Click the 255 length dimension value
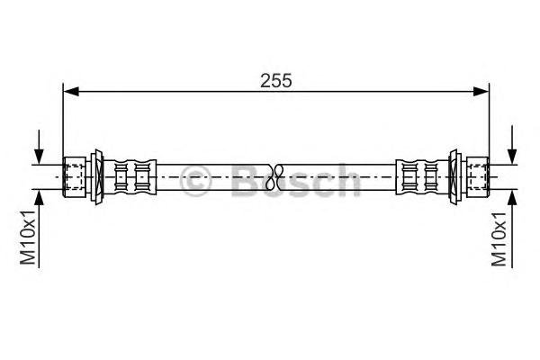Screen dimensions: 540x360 click(276, 81)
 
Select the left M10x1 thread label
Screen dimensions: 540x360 click(28, 237)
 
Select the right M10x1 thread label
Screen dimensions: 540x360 click(499, 238)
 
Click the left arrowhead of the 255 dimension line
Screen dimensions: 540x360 click(71, 91)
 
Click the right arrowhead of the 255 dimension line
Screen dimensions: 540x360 click(481, 91)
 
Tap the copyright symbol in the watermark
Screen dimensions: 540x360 click(195, 180)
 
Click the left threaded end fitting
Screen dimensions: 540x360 click(75, 176)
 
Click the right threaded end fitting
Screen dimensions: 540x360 click(477, 176)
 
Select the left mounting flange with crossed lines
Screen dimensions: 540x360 click(97, 177)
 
